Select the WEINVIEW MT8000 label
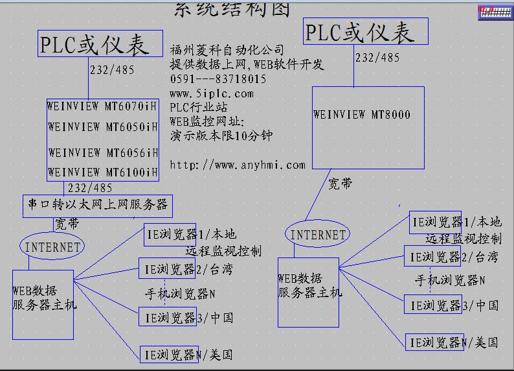(x=362, y=115)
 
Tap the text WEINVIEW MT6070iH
(x=102, y=106)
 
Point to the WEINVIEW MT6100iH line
(x=102, y=172)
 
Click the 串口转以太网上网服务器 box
(x=98, y=206)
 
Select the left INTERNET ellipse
(x=53, y=246)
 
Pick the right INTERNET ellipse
(x=318, y=235)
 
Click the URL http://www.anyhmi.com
(x=237, y=165)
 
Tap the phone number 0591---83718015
(x=218, y=79)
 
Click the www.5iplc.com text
(x=212, y=93)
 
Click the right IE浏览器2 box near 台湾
(x=432, y=257)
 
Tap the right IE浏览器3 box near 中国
(x=433, y=305)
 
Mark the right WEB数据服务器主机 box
(x=308, y=292)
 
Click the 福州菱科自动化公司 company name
(x=227, y=50)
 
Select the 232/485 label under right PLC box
(x=377, y=58)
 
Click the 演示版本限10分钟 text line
(x=221, y=136)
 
